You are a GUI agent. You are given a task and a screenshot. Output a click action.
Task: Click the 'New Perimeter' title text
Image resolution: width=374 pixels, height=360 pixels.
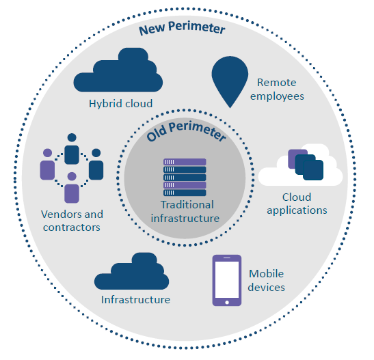click(x=182, y=28)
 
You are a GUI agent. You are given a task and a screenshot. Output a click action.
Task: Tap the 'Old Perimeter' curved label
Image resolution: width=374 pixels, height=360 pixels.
click(x=186, y=131)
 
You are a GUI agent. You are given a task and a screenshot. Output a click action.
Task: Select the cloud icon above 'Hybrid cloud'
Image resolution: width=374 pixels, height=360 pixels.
click(x=118, y=70)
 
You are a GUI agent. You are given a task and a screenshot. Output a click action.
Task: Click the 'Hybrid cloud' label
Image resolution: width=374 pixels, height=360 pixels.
click(x=121, y=104)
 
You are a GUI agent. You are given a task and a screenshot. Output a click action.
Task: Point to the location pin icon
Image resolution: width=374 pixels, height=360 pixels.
click(x=230, y=82)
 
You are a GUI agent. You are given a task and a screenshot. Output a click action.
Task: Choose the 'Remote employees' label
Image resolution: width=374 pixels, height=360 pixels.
click(x=277, y=89)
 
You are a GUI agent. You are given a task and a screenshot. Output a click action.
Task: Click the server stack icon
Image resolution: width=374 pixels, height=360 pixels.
click(x=185, y=177)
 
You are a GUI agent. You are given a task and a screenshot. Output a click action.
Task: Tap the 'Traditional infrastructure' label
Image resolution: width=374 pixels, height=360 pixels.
click(x=185, y=212)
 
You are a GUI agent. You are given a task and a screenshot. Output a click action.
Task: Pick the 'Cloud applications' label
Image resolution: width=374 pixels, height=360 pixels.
click(x=297, y=204)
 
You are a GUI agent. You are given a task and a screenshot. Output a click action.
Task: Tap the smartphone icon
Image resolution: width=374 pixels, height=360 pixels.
click(x=227, y=280)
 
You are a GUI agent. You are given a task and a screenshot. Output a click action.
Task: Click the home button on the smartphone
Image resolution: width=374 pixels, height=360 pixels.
click(x=227, y=303)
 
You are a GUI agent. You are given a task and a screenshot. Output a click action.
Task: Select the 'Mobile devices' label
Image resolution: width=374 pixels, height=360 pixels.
click(x=267, y=281)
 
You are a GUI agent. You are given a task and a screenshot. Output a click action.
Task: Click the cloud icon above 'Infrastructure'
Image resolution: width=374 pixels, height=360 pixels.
click(x=132, y=271)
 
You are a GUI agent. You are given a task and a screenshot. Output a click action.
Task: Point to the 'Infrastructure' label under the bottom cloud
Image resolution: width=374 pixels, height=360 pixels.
click(x=135, y=300)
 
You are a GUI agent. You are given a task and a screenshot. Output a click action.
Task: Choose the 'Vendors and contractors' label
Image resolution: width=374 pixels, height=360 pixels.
click(x=72, y=221)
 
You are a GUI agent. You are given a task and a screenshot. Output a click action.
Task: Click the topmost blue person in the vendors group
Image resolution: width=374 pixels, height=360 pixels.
click(x=72, y=149)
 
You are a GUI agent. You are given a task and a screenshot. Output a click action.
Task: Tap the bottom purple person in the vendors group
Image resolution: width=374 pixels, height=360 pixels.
click(x=72, y=187)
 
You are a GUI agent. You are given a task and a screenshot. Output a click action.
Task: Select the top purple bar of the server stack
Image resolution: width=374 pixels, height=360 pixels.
click(x=185, y=162)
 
